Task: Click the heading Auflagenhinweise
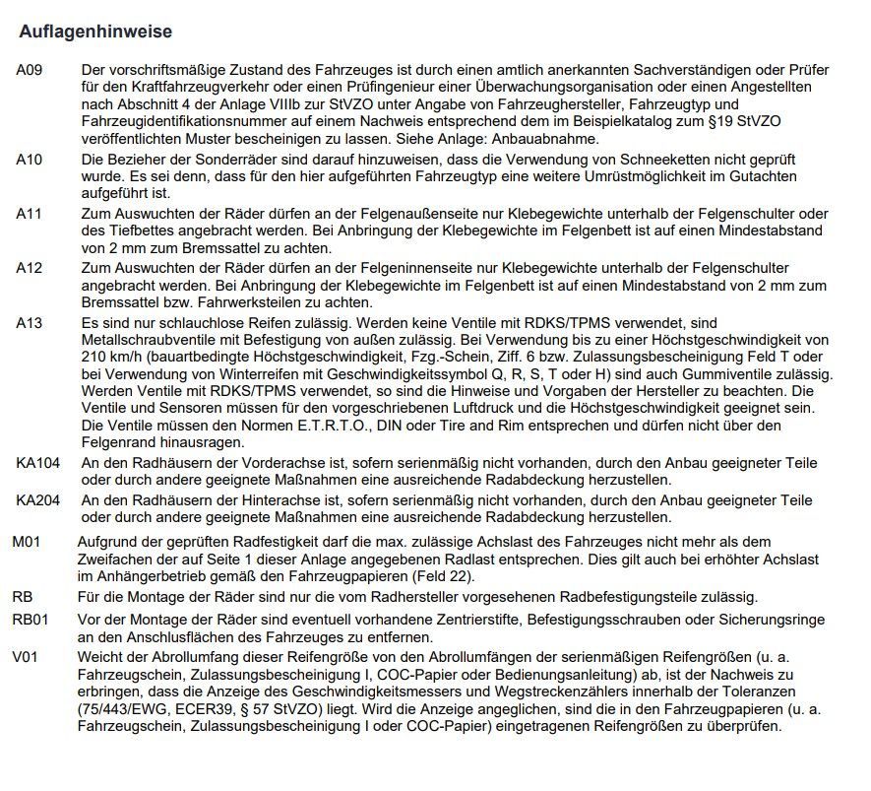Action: click(95, 33)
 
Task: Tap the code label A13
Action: click(30, 323)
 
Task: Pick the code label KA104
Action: click(38, 463)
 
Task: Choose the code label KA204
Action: click(38, 500)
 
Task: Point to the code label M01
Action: click(28, 542)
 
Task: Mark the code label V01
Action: click(26, 657)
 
